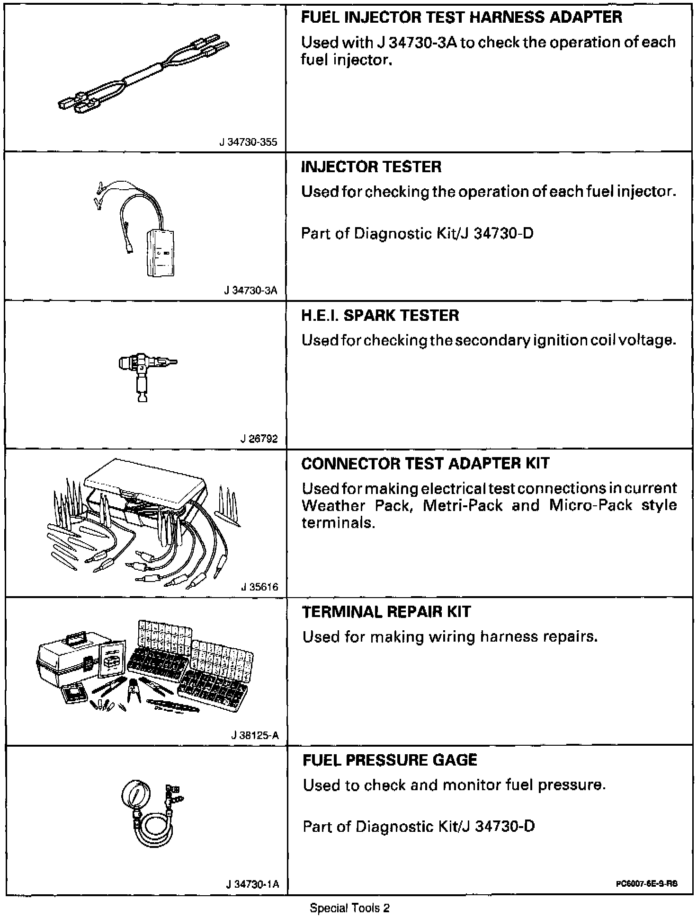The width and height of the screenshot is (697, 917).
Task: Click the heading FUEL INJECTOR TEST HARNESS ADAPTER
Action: (462, 18)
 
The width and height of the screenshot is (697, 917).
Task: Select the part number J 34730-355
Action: (248, 142)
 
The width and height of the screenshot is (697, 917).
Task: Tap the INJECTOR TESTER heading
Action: (371, 167)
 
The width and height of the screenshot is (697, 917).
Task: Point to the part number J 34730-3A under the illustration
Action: (250, 291)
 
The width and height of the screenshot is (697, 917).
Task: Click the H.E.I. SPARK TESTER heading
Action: (380, 316)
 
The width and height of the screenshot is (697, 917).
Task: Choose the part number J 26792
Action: (259, 439)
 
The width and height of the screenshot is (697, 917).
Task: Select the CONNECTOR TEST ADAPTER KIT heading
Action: (425, 463)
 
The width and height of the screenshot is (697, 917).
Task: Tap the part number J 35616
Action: (259, 587)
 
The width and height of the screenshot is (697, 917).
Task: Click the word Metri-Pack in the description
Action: (462, 505)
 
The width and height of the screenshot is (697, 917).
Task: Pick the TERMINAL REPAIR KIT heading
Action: (386, 612)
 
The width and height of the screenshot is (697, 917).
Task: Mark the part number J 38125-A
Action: (255, 736)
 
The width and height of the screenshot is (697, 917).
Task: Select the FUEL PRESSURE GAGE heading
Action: (390, 760)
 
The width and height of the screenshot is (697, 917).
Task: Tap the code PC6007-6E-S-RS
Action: (647, 883)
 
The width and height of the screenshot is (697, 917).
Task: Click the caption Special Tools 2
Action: (349, 908)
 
